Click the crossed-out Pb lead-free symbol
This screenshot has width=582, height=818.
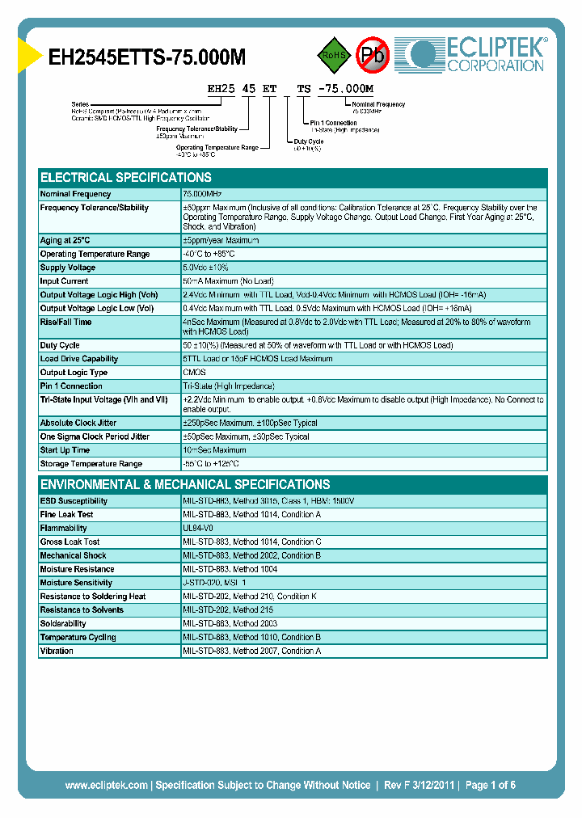[x=373, y=55]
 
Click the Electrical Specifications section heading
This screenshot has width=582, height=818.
[x=126, y=178]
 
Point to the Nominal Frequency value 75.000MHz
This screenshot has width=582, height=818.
[x=203, y=194]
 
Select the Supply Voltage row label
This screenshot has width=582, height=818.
[x=68, y=268]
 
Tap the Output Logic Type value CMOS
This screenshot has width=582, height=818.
[x=195, y=373]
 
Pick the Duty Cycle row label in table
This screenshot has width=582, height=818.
[x=60, y=345]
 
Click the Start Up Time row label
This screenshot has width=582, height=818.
[x=65, y=450]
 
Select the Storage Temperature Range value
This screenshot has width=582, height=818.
[x=211, y=464]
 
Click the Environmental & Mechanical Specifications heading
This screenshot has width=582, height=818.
[x=185, y=485]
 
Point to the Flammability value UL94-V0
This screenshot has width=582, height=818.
[x=198, y=528]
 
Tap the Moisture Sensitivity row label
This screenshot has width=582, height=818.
[x=76, y=583]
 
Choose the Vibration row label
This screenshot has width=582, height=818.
[x=57, y=651]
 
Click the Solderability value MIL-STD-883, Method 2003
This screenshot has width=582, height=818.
[x=230, y=623]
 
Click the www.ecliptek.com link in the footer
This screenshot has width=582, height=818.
[x=106, y=785]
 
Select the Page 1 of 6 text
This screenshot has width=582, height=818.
[x=490, y=785]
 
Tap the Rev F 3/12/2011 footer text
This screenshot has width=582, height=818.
[x=419, y=785]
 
